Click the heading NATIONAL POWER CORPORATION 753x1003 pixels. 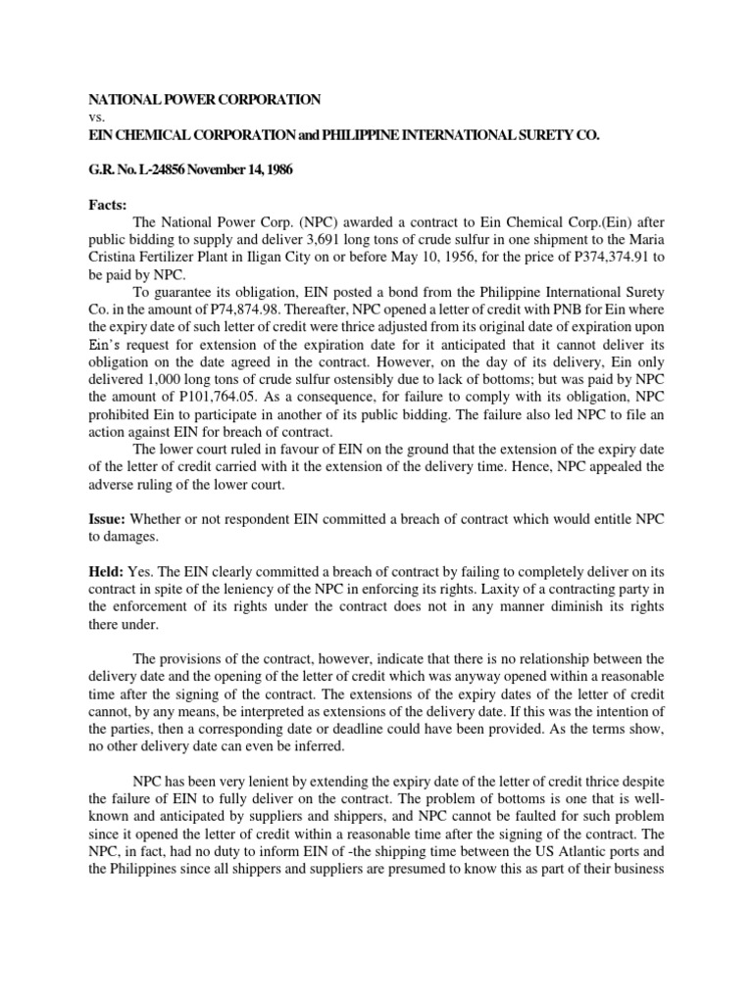(x=205, y=100)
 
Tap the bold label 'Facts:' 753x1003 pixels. (x=110, y=207)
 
